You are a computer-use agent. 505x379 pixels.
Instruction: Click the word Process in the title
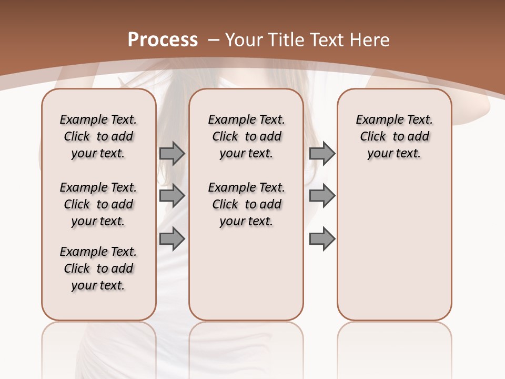pos(163,39)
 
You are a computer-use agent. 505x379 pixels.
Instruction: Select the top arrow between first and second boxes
pos(172,153)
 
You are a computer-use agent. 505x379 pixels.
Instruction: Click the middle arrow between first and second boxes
pos(172,196)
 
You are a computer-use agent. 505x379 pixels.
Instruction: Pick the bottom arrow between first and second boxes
pos(172,238)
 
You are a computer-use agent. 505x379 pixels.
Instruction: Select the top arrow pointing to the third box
pos(322,153)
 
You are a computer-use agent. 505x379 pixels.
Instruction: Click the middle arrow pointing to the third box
pos(322,196)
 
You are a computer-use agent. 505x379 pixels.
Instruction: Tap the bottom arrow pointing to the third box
pos(322,238)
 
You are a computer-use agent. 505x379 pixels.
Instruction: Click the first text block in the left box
pos(98,136)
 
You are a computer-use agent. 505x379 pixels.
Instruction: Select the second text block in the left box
pos(98,204)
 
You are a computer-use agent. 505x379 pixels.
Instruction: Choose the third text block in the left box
pos(98,268)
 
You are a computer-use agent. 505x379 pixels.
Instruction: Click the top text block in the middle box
pos(246,136)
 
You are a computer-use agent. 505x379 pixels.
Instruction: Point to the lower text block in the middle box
pos(246,204)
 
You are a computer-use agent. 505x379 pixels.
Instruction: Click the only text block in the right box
pos(394,136)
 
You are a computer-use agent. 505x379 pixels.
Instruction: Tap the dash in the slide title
pos(214,41)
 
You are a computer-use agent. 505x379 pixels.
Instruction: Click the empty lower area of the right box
pos(394,247)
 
